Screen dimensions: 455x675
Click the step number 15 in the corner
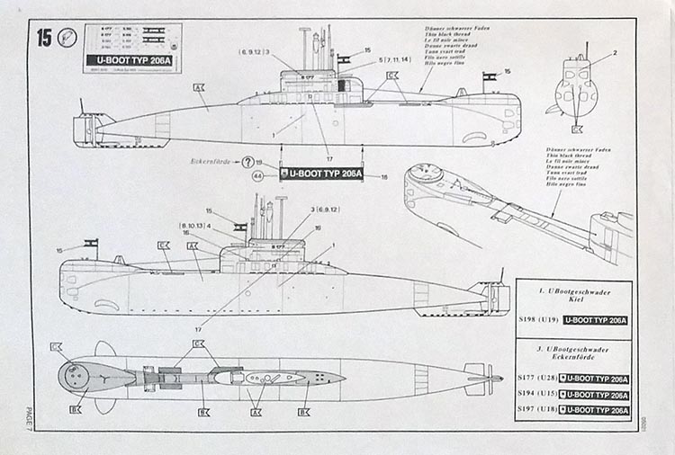click(x=43, y=38)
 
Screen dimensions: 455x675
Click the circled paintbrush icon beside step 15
click(x=65, y=38)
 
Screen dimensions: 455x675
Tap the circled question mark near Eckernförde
click(x=248, y=163)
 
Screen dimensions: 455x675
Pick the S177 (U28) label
click(x=536, y=379)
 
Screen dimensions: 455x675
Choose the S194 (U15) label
click(x=536, y=395)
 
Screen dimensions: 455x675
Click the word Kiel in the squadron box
click(x=573, y=302)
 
